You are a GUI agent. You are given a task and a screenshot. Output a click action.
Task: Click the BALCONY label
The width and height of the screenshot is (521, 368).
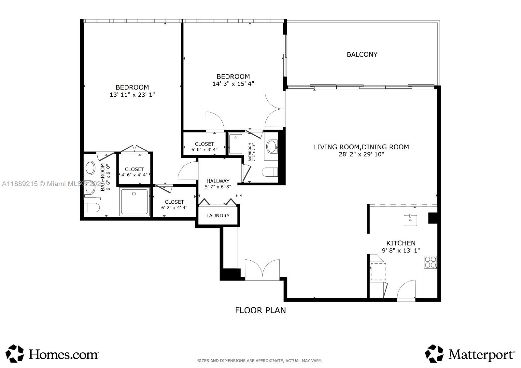click(x=362, y=54)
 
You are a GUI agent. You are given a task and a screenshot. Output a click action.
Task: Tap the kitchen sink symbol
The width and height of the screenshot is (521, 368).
click(x=410, y=220)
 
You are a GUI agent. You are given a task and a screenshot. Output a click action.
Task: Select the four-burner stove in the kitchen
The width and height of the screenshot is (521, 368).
click(x=430, y=262)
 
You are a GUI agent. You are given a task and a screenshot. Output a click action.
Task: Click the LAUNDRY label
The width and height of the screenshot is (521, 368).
click(x=218, y=215)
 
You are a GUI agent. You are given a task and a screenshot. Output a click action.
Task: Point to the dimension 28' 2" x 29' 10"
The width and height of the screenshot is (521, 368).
click(x=361, y=154)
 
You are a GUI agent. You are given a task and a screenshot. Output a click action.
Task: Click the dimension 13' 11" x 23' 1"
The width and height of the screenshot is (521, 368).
click(x=132, y=95)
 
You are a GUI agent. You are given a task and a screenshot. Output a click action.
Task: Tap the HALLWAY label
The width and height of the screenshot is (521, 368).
click(x=218, y=181)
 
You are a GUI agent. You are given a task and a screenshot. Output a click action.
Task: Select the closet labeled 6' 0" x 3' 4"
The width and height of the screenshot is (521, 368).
click(x=204, y=146)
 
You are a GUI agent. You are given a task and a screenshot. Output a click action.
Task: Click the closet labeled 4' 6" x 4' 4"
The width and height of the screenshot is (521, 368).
click(x=134, y=172)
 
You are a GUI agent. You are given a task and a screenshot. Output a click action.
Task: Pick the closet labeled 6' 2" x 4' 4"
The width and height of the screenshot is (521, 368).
click(x=174, y=205)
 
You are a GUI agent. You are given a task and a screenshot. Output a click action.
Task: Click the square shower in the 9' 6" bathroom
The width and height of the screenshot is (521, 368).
click(x=134, y=201)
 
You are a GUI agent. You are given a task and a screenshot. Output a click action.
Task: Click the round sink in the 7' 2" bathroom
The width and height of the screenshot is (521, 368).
click(x=272, y=147)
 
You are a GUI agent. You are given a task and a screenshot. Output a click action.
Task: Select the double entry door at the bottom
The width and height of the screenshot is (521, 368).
click(x=262, y=269)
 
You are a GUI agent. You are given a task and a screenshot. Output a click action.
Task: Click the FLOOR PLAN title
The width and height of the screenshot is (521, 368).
click(x=260, y=310)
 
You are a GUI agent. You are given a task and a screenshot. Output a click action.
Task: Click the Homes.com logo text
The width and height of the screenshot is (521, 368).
click(x=63, y=354)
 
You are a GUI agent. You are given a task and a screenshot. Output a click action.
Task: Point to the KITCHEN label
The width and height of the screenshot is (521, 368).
click(x=401, y=243)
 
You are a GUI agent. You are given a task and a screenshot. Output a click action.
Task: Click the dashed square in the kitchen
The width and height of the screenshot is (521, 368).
click(x=378, y=271)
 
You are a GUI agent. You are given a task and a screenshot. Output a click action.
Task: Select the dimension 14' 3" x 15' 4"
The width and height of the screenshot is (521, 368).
click(x=233, y=84)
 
